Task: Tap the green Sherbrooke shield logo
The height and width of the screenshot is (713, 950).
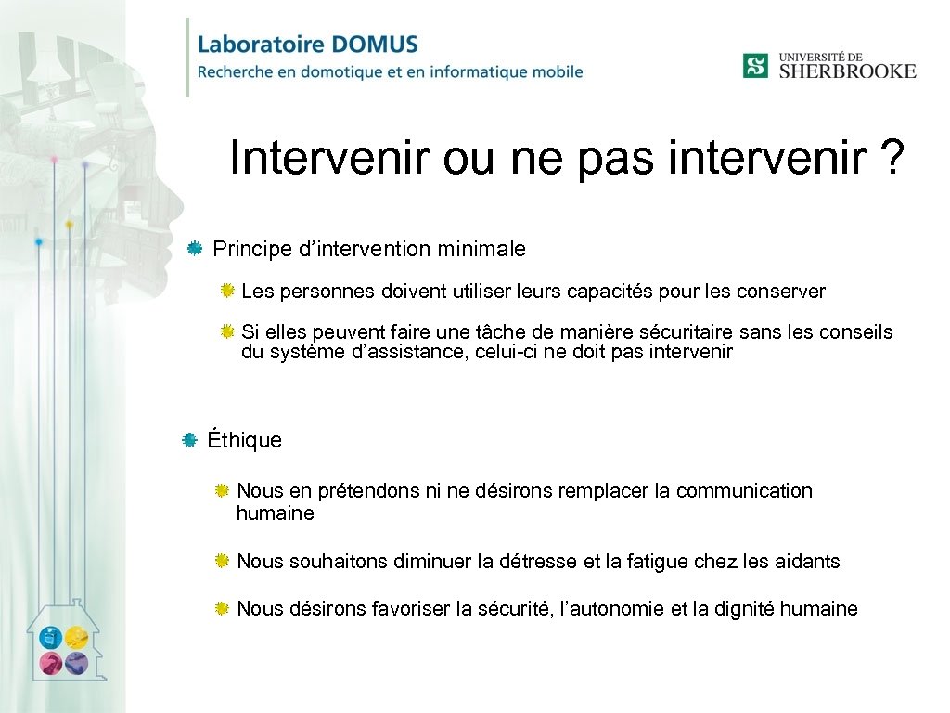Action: [x=755, y=66]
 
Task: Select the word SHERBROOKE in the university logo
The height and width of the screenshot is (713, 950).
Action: [x=847, y=71]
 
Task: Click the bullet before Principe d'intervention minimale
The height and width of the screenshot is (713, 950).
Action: [x=194, y=249]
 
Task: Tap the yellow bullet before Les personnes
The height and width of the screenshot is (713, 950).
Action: [x=226, y=292]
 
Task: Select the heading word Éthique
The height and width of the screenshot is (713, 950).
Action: [x=245, y=440]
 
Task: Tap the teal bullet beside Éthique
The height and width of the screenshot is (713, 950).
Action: [x=189, y=439]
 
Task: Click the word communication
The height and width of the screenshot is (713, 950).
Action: [x=744, y=490]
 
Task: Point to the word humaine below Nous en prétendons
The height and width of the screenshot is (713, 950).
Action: [x=276, y=512]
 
